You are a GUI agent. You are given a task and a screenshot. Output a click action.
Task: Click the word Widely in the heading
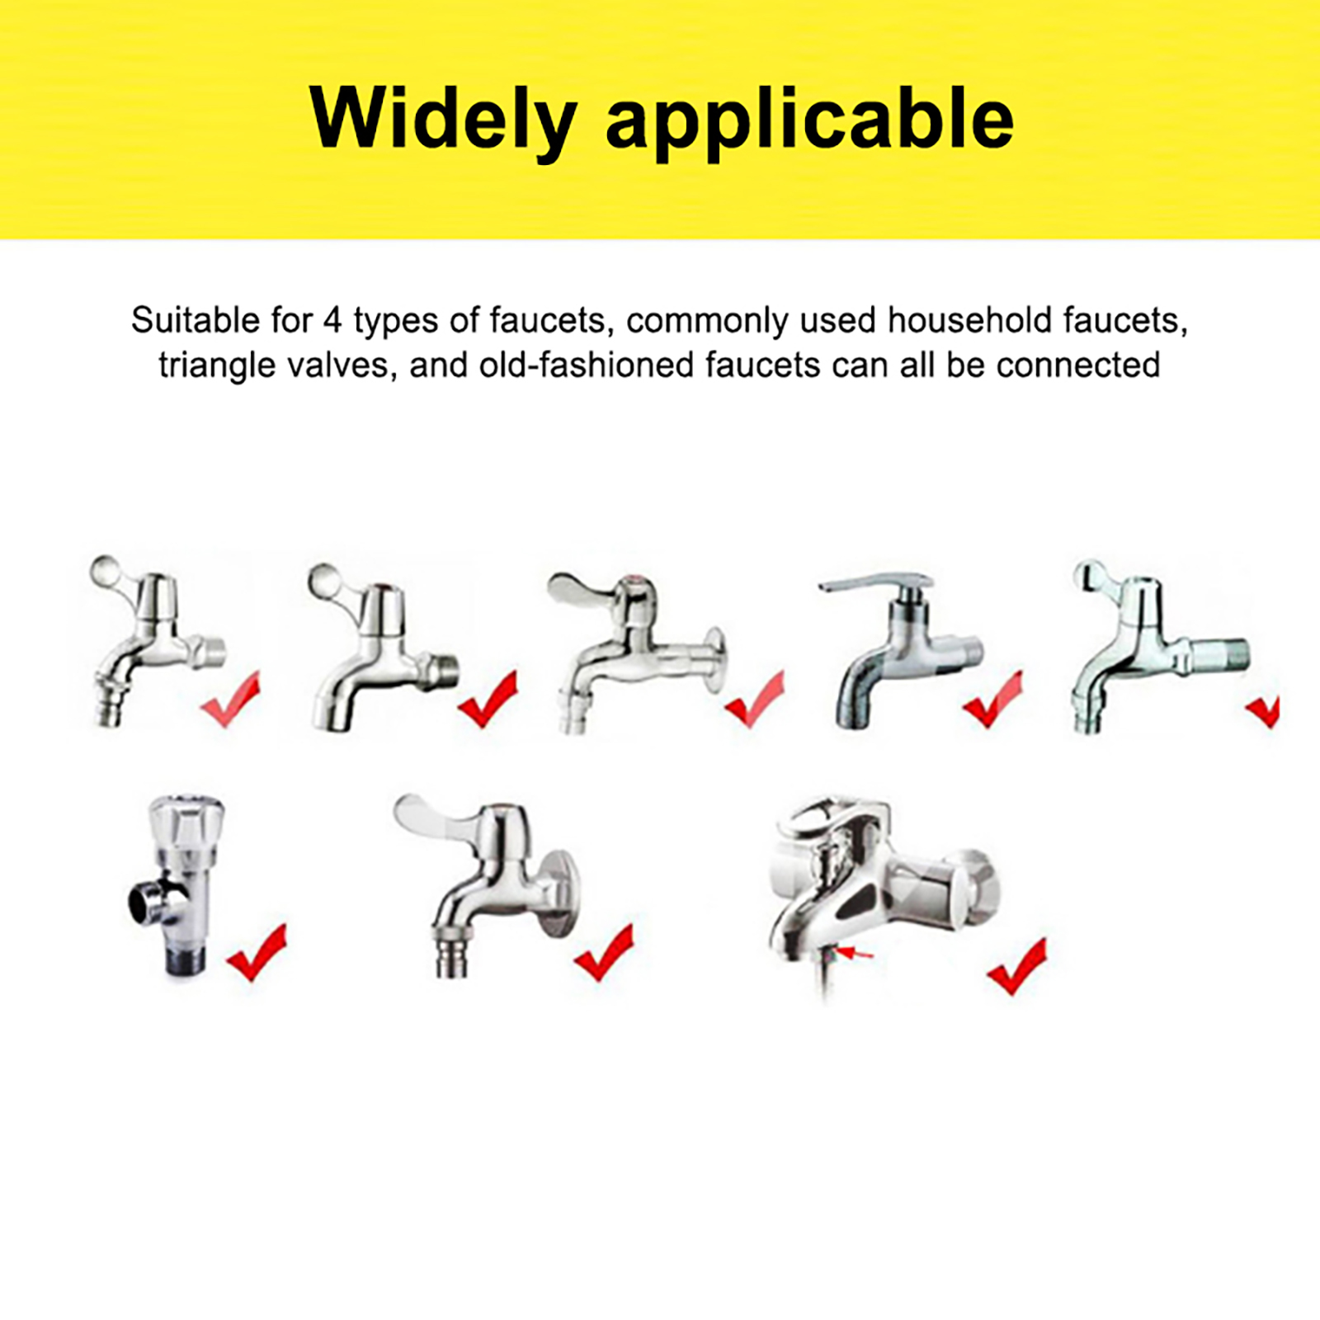pos(443,119)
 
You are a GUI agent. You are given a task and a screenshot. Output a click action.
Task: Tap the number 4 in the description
pos(332,320)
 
